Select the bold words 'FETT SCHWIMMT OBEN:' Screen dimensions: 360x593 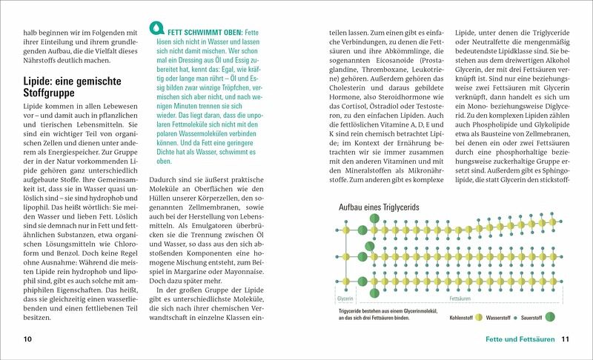pyautogui.click(x=202, y=34)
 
